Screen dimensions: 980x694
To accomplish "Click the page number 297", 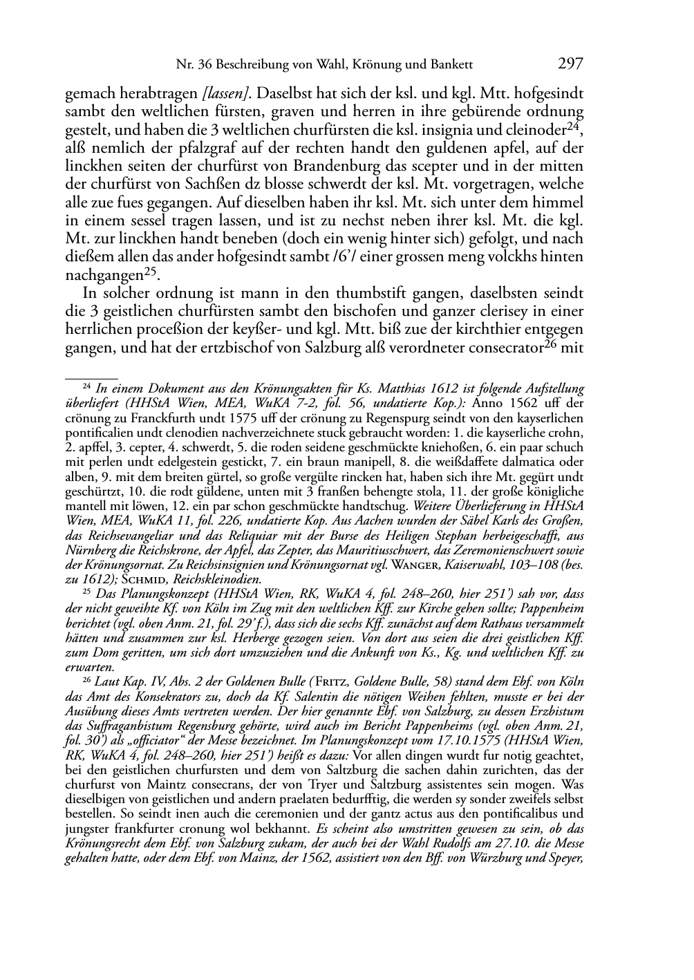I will click(571, 64).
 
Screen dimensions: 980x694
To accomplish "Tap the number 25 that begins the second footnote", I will click(87, 592).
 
